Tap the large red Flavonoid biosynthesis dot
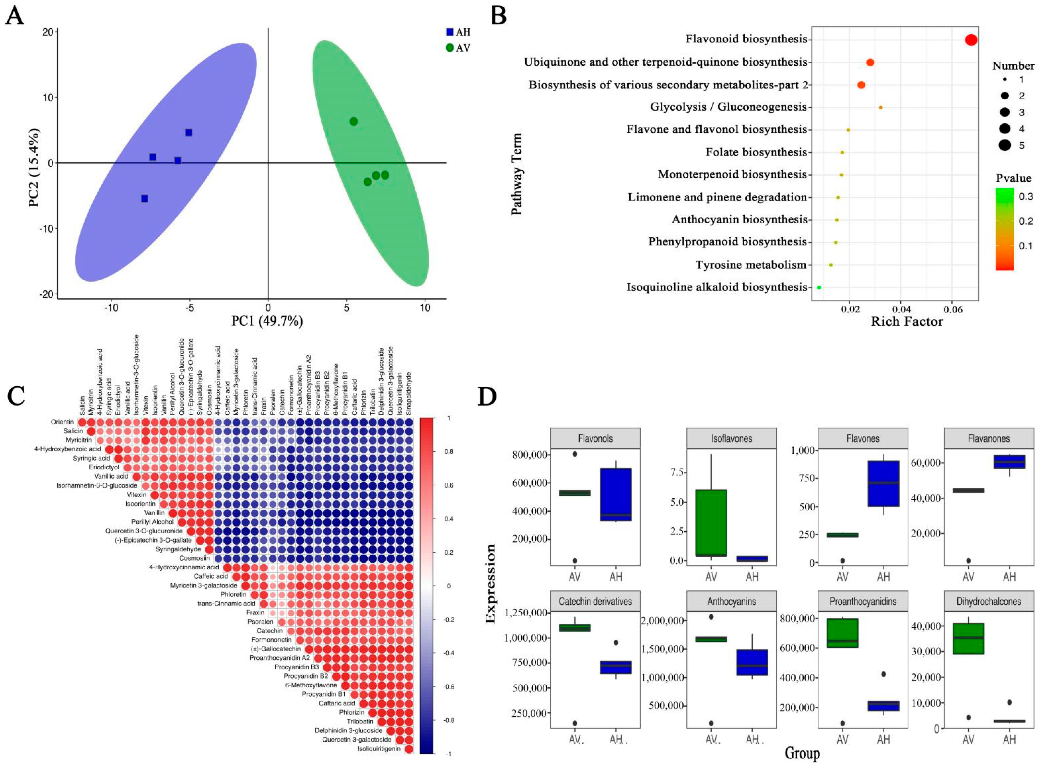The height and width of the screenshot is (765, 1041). click(x=971, y=40)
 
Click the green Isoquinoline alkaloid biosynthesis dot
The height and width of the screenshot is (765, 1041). click(x=819, y=288)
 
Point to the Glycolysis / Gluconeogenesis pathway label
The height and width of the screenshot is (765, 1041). click(x=728, y=107)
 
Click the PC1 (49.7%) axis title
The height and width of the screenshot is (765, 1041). click(x=267, y=321)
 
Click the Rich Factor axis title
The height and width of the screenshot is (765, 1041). click(x=907, y=321)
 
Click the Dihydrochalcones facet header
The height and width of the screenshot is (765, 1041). click(x=989, y=601)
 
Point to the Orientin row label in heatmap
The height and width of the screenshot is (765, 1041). click(x=62, y=422)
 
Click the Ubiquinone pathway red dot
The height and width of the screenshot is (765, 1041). click(x=870, y=62)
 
